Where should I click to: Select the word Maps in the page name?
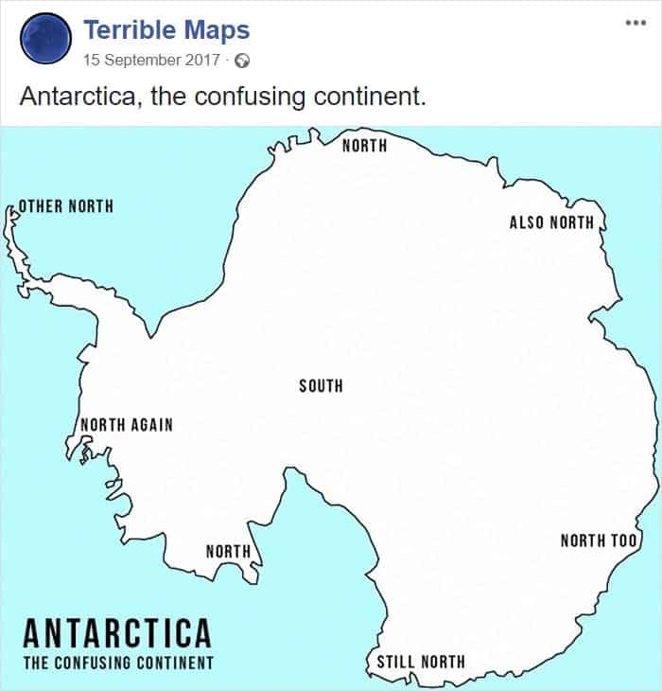pyautogui.click(x=218, y=30)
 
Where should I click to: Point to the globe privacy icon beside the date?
pyautogui.click(x=242, y=61)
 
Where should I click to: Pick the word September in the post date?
pyautogui.click(x=145, y=61)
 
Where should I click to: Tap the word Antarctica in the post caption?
pyautogui.click(x=77, y=97)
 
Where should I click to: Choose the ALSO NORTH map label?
pyautogui.click(x=552, y=222)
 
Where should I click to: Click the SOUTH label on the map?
pyautogui.click(x=321, y=385)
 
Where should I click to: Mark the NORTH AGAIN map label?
pyautogui.click(x=127, y=424)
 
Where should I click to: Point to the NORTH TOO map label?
pyautogui.click(x=600, y=540)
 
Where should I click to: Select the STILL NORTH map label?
pyautogui.click(x=421, y=661)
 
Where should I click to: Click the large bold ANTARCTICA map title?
pyautogui.click(x=116, y=631)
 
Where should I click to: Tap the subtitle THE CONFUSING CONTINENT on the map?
pyautogui.click(x=118, y=663)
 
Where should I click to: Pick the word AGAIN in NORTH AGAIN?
pyautogui.click(x=151, y=424)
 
